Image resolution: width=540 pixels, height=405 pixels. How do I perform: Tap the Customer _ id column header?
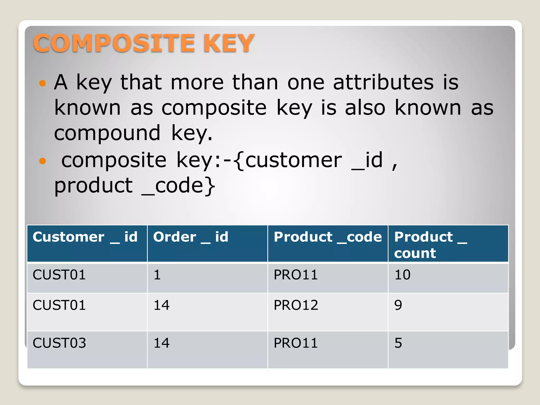coord(85,237)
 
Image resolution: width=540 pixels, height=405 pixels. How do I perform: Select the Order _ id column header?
coord(191,237)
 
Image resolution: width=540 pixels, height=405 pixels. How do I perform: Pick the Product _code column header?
coord(327,237)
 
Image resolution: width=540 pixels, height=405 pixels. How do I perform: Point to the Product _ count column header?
coord(430,244)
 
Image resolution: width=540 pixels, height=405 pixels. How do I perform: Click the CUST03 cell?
coord(59,343)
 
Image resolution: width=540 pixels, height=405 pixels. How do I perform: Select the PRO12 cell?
coord(296,305)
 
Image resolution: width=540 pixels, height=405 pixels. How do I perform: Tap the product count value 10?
coord(402,275)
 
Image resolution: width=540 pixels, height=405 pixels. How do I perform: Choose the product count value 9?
coord(398,305)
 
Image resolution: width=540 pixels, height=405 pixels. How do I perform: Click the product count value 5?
coord(398,343)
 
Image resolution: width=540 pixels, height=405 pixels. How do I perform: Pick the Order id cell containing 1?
coord(157,275)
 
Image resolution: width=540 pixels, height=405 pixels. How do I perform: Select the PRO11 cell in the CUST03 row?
coord(296,343)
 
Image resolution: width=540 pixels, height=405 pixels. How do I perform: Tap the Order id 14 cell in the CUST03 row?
coord(161,343)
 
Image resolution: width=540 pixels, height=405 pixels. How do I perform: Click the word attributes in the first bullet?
coord(383,82)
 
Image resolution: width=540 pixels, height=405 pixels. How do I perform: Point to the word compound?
coord(107,133)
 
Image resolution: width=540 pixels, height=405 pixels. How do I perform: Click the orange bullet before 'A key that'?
coord(42,83)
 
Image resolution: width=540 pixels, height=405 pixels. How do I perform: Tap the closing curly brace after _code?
coord(210,186)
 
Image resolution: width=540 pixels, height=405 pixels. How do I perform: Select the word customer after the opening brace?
coord(293,160)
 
